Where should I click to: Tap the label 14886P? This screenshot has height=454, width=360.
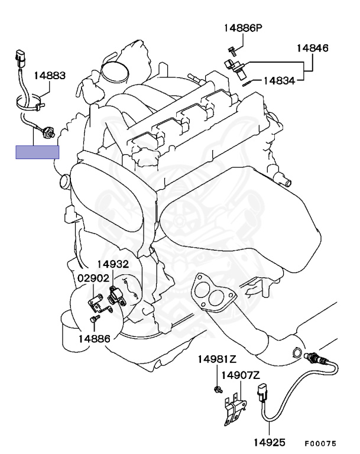click(x=242, y=28)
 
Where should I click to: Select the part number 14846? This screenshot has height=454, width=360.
click(x=312, y=48)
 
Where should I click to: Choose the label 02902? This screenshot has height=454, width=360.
click(x=92, y=278)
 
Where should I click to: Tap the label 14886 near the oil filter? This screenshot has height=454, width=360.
click(x=94, y=338)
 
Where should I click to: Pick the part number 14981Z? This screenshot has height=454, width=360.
click(x=216, y=359)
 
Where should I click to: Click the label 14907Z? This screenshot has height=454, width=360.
click(x=241, y=375)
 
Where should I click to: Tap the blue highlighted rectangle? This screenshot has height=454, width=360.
click(x=38, y=152)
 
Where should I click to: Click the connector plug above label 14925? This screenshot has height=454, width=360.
click(x=262, y=395)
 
